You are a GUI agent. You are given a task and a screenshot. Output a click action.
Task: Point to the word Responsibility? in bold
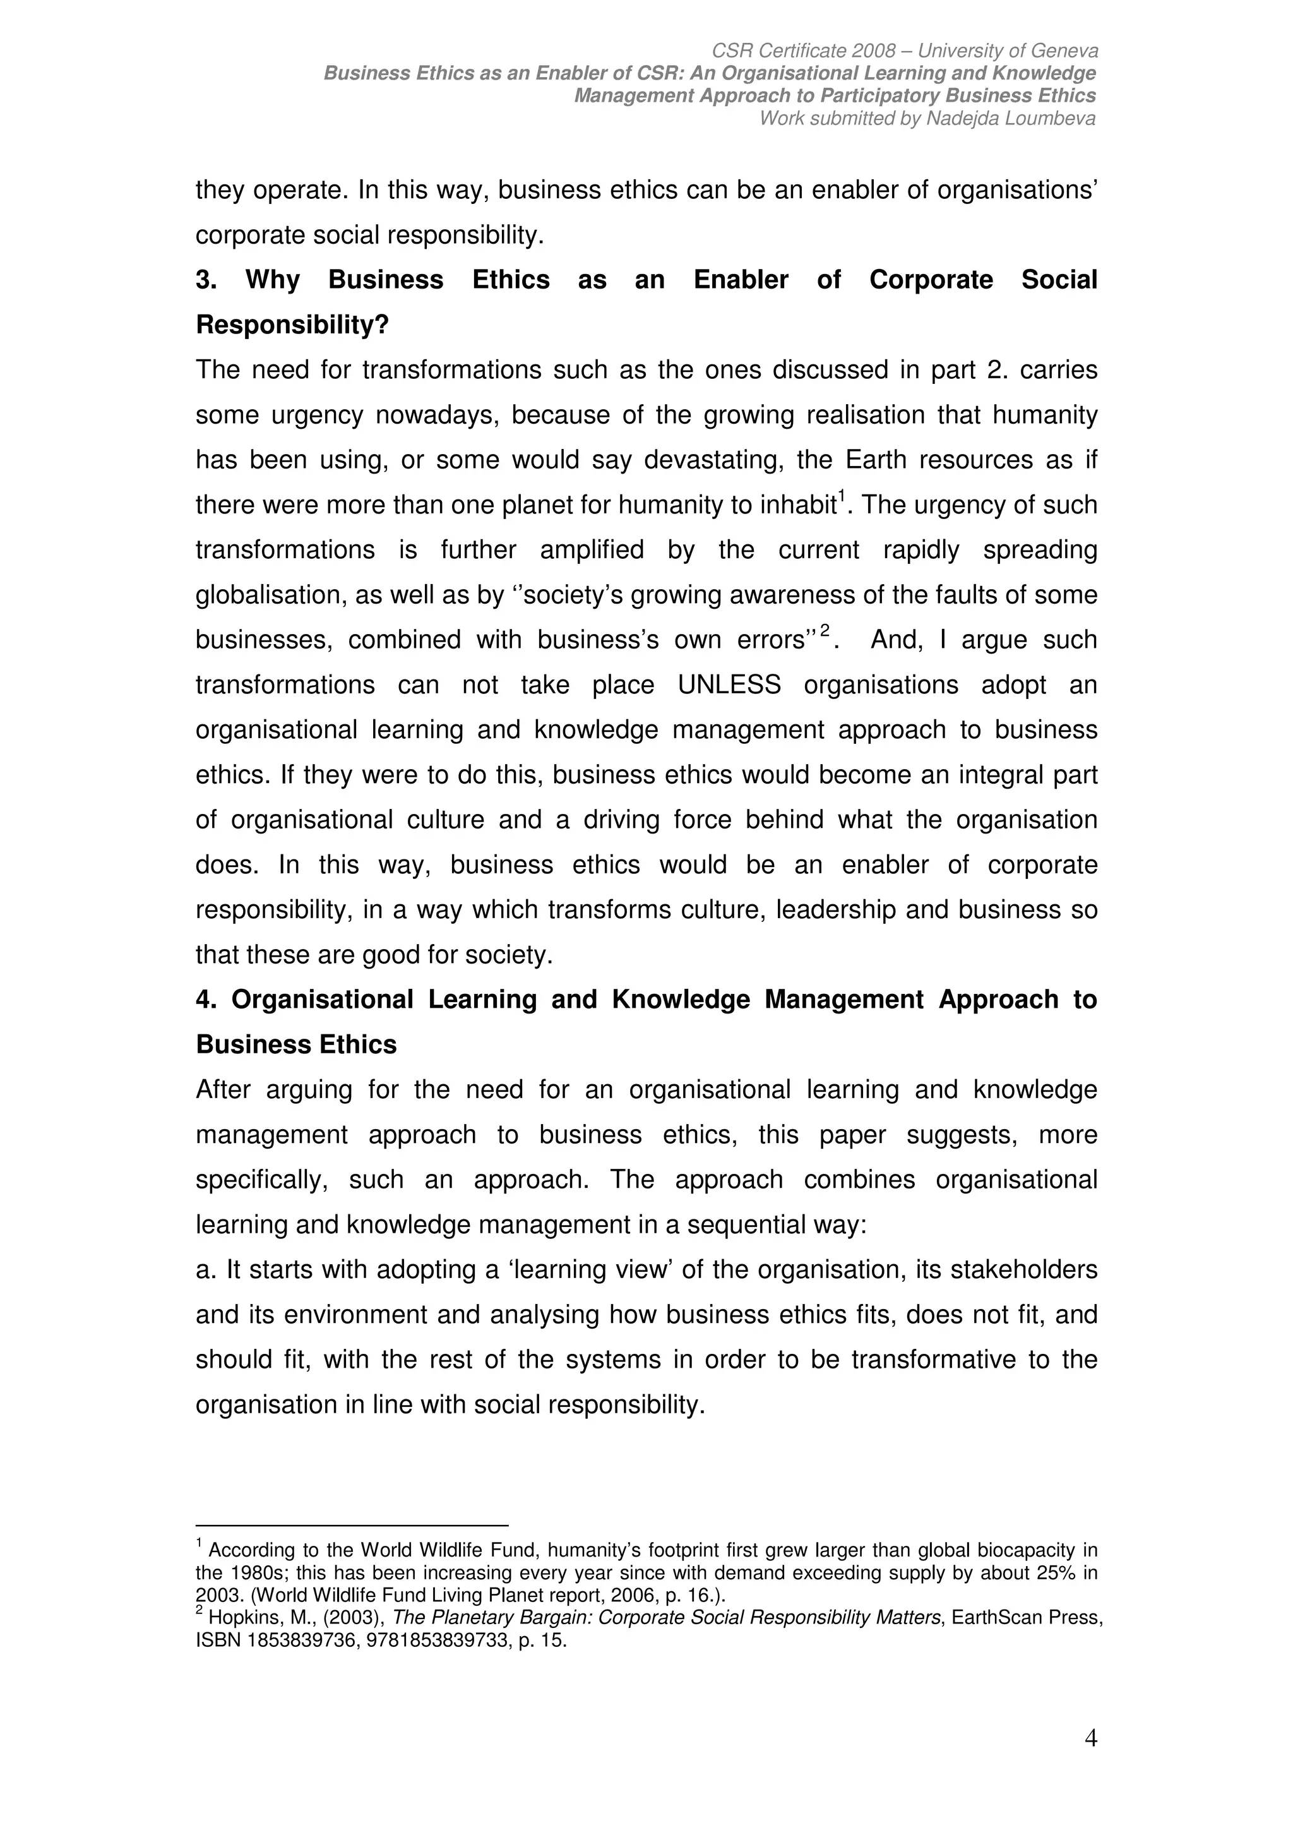pos(292,326)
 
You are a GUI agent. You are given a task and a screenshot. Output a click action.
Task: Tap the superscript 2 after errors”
pos(825,630)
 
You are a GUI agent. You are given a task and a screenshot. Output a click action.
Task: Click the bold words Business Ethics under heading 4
pos(295,1045)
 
